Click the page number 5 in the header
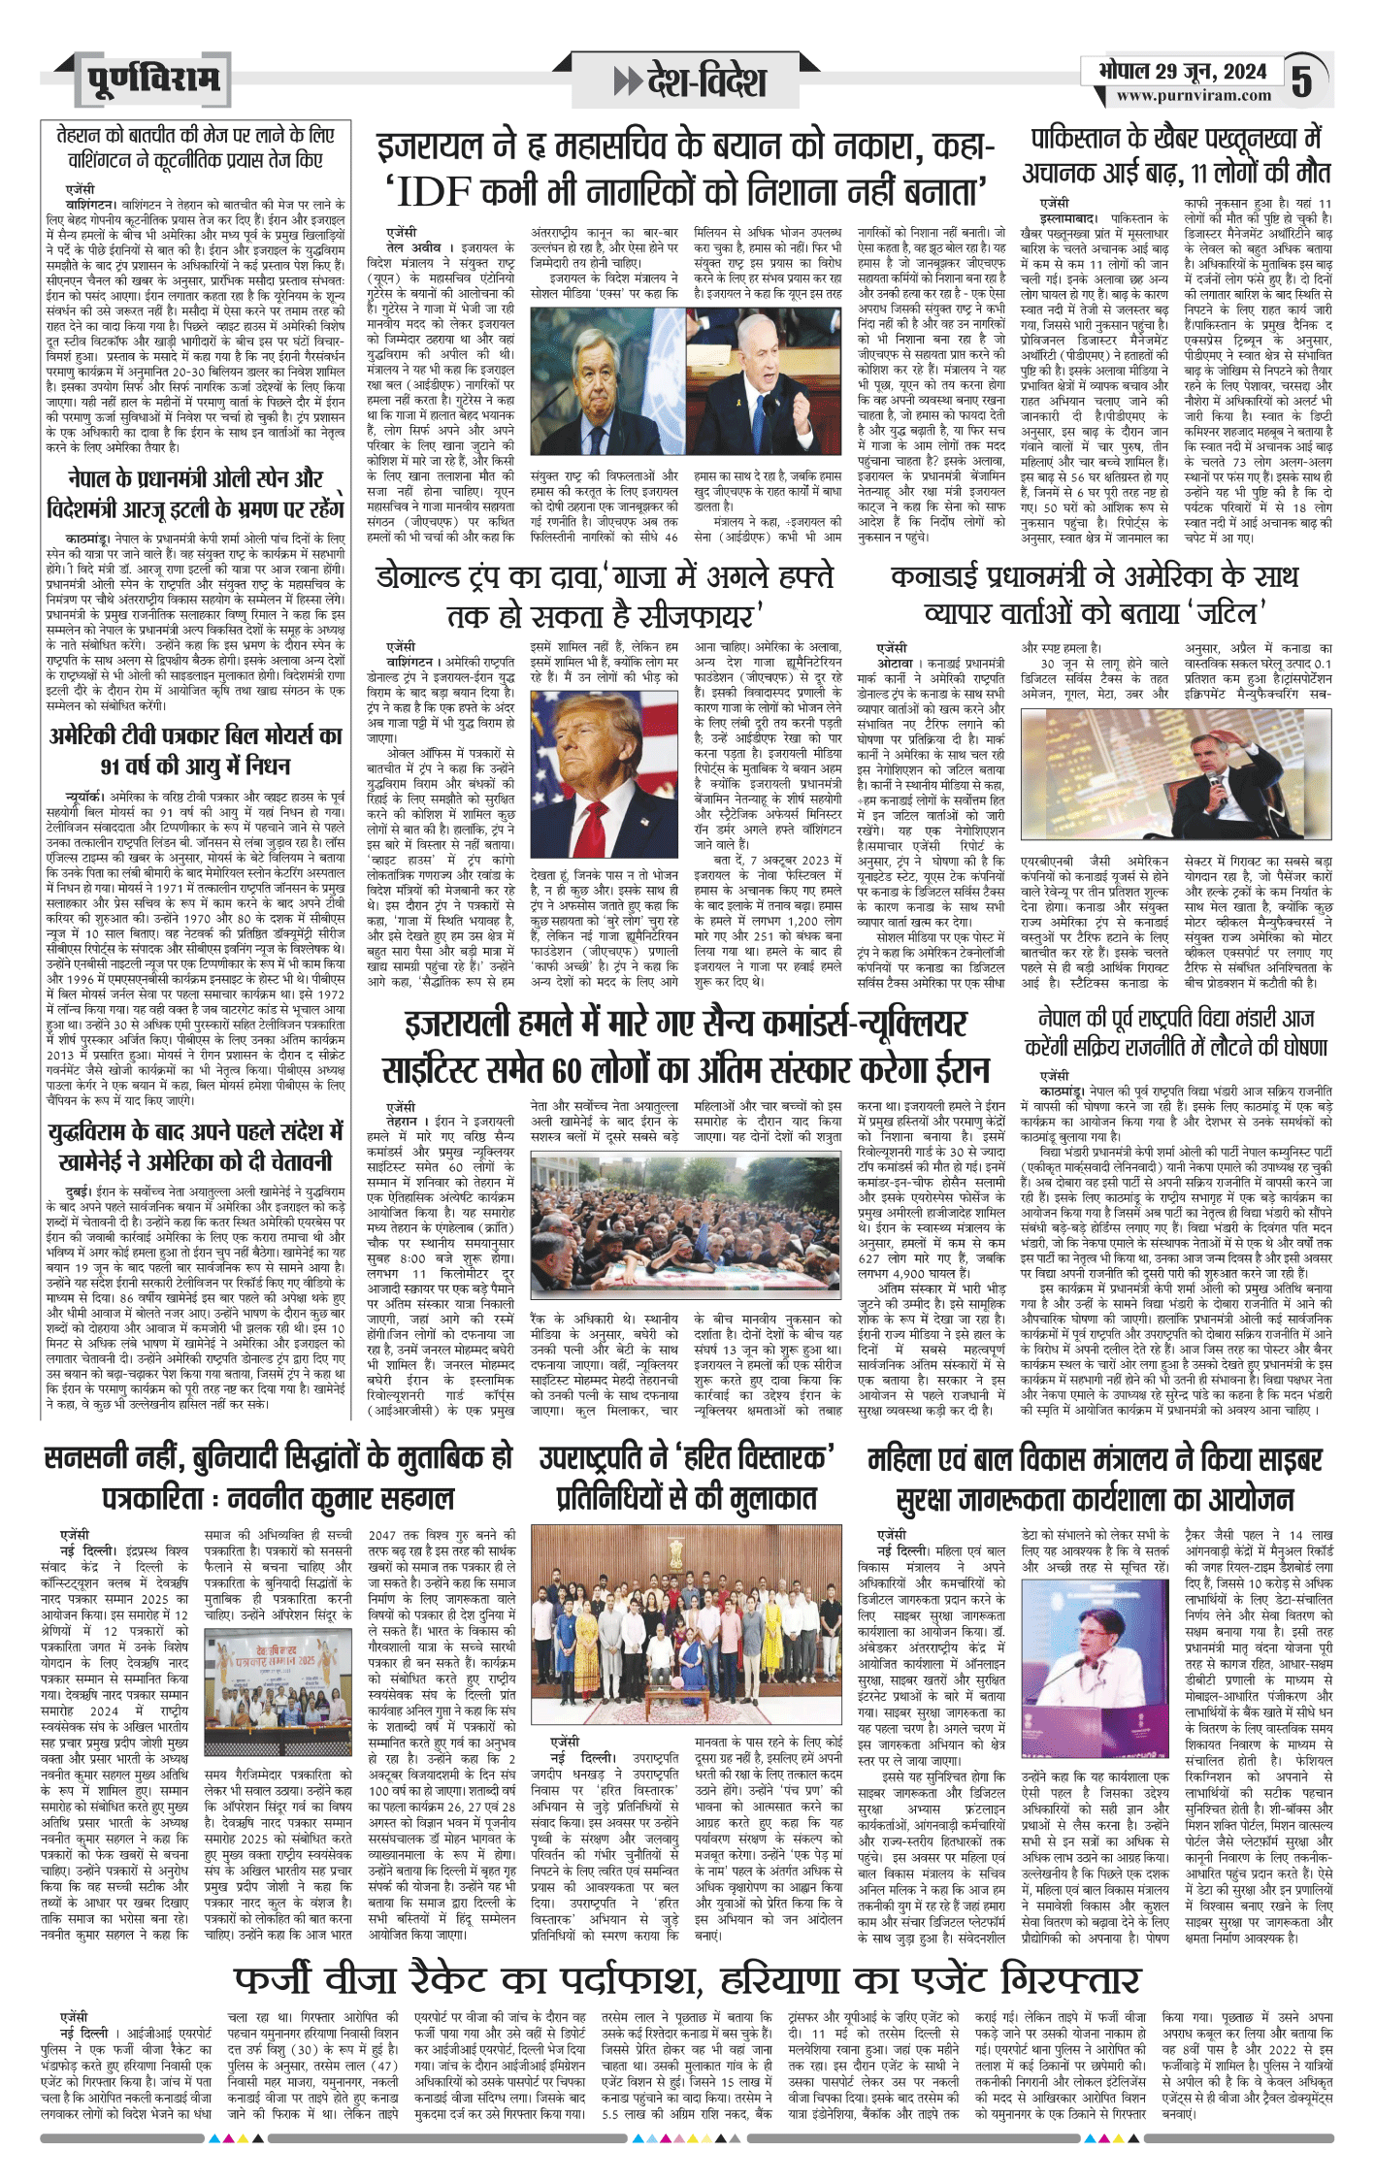(1301, 81)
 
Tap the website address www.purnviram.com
(1193, 96)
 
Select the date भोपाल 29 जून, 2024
(1183, 71)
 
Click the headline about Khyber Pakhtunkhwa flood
(1176, 154)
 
